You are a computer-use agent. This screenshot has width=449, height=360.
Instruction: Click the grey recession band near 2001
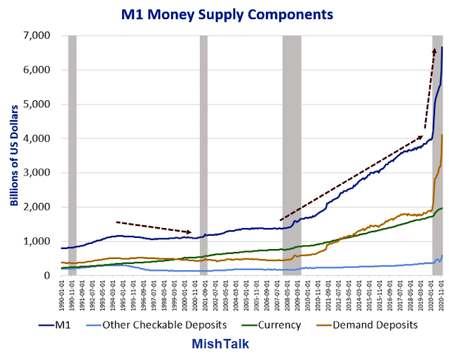203,155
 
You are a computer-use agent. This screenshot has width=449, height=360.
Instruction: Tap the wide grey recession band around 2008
291,155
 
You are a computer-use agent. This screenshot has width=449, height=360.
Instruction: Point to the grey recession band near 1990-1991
72,155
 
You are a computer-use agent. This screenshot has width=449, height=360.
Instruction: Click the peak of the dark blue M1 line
442,47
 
